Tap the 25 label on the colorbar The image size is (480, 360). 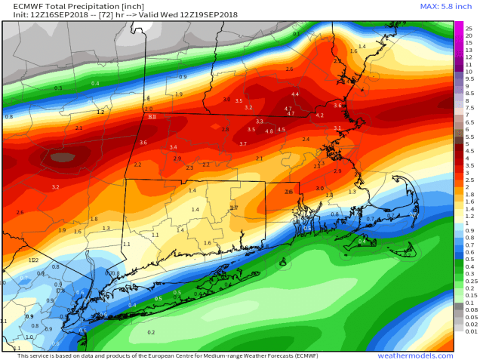click(469, 28)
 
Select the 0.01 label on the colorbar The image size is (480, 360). click(470, 331)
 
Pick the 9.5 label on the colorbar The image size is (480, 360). click(469, 78)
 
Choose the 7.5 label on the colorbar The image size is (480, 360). click(469, 107)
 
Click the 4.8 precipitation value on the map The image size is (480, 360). click(269, 131)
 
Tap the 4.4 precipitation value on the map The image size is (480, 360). click(295, 94)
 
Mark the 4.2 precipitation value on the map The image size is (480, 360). click(319, 115)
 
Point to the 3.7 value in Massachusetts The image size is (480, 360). click(243, 143)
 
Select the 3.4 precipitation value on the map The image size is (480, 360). click(173, 147)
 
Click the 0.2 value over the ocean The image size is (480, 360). click(151, 332)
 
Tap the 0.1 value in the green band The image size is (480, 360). click(296, 34)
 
